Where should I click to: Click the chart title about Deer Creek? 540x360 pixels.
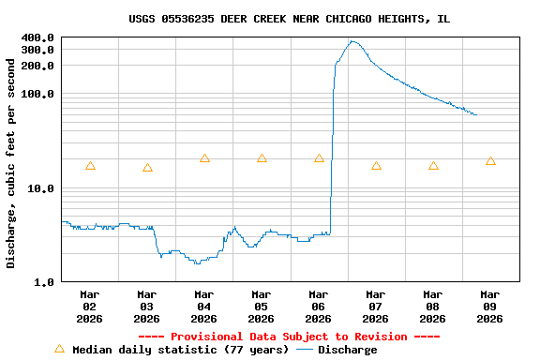point(289,19)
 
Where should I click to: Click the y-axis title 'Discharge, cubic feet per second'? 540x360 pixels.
point(11,163)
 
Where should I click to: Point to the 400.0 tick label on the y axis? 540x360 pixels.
point(37,38)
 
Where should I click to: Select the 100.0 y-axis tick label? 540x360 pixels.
point(37,95)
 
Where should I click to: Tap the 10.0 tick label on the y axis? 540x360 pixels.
point(41,188)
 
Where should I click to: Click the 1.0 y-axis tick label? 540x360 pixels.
point(44,282)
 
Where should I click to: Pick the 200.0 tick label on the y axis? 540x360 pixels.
point(37,67)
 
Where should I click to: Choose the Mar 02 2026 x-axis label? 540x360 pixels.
point(90,307)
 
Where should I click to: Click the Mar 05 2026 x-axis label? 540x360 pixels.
point(262,307)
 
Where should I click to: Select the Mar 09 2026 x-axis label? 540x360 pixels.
point(490,307)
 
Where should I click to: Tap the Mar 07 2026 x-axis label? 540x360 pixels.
point(376,307)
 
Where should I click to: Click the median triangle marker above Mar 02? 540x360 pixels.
point(90,166)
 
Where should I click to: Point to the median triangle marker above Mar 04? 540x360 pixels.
point(204,158)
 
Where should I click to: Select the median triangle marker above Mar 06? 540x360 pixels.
point(319,158)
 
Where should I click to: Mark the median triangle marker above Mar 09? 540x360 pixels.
point(490,161)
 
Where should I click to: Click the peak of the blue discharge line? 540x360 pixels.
point(352,41)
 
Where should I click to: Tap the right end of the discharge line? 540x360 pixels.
point(476,114)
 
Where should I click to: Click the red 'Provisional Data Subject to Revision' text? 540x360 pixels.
point(289,337)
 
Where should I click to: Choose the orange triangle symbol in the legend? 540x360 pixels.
point(59,349)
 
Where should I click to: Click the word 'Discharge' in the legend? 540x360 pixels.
point(347,350)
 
